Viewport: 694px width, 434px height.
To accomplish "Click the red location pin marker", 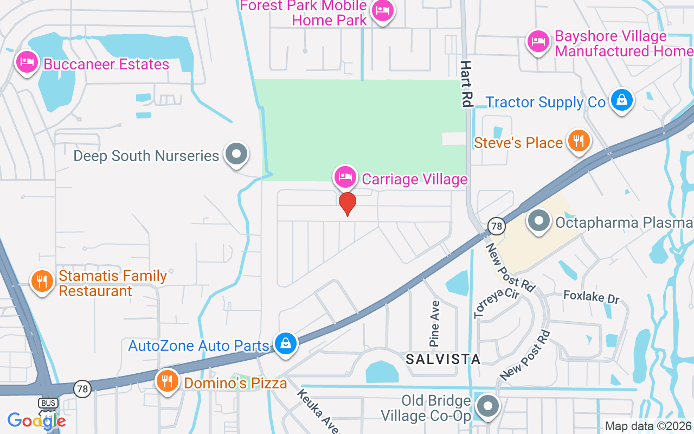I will click(x=347, y=203).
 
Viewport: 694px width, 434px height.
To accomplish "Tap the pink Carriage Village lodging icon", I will click(x=345, y=176).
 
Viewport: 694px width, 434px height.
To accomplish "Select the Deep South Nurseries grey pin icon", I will click(x=236, y=154).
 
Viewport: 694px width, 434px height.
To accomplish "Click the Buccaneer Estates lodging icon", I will click(x=27, y=62).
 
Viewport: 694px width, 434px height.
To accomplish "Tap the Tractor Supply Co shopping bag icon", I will click(x=622, y=100).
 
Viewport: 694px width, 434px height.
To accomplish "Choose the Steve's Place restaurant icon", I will click(x=579, y=141).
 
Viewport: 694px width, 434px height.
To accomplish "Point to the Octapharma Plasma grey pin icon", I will click(x=538, y=221).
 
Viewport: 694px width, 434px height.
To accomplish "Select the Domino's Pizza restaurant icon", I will click(x=168, y=381).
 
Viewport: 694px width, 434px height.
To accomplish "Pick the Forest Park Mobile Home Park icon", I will click(x=383, y=10).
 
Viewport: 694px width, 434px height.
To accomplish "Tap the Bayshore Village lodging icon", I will click(x=538, y=41).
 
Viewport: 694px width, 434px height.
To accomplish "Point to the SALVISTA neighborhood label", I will click(x=443, y=359).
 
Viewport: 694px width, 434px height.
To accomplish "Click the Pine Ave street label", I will click(x=435, y=324).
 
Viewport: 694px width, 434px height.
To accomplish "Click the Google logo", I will click(x=36, y=421).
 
